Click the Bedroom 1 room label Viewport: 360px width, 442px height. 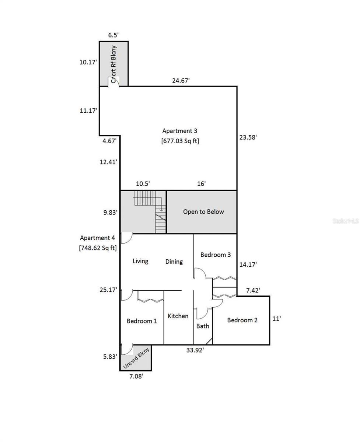[142, 321]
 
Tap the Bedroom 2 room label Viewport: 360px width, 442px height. [242, 320]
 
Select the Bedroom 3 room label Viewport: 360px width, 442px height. [216, 255]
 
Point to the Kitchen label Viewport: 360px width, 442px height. [178, 316]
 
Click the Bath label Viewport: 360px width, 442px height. [203, 326]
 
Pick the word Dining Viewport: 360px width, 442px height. [174, 262]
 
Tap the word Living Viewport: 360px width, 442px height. [140, 261]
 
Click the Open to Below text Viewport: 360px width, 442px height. [203, 212]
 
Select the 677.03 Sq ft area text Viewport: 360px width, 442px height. [180, 141]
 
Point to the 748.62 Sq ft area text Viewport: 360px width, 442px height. [98, 248]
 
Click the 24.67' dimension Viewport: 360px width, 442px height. [181, 80]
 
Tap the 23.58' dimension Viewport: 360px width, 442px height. [248, 137]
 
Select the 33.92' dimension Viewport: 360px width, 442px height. [195, 350]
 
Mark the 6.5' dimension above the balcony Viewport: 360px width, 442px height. [113, 35]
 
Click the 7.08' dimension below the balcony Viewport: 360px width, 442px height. [136, 376]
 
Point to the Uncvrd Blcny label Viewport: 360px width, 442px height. [136, 358]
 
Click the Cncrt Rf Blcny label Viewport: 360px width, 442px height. [113, 64]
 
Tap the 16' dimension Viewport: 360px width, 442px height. [202, 183]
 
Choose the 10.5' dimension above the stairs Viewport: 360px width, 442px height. [143, 184]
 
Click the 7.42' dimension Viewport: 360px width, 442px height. [253, 290]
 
